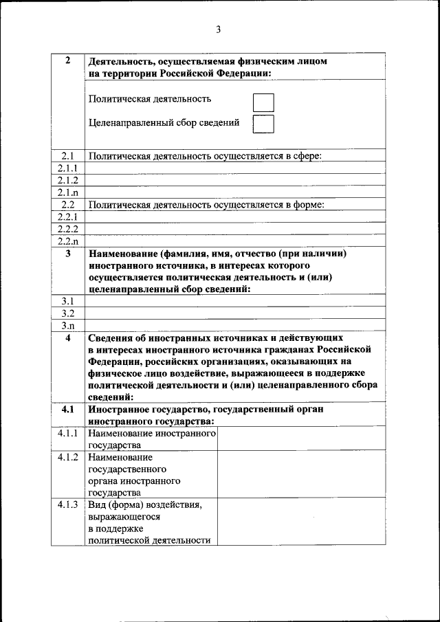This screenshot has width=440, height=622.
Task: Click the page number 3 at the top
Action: tap(218, 29)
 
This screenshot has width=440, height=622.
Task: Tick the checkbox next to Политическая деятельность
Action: tap(263, 102)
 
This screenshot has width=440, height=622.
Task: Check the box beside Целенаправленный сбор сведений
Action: tap(263, 124)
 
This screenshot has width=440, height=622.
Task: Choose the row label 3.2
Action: tap(67, 313)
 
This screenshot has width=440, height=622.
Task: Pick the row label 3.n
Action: tap(67, 326)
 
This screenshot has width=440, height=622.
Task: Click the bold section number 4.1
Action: tap(67, 410)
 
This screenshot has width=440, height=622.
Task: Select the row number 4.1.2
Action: tap(67, 457)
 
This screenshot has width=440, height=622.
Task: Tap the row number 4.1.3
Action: tap(67, 505)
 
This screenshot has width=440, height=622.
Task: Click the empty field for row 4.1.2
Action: tap(302, 474)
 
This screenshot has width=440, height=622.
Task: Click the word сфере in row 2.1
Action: tap(307, 157)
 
